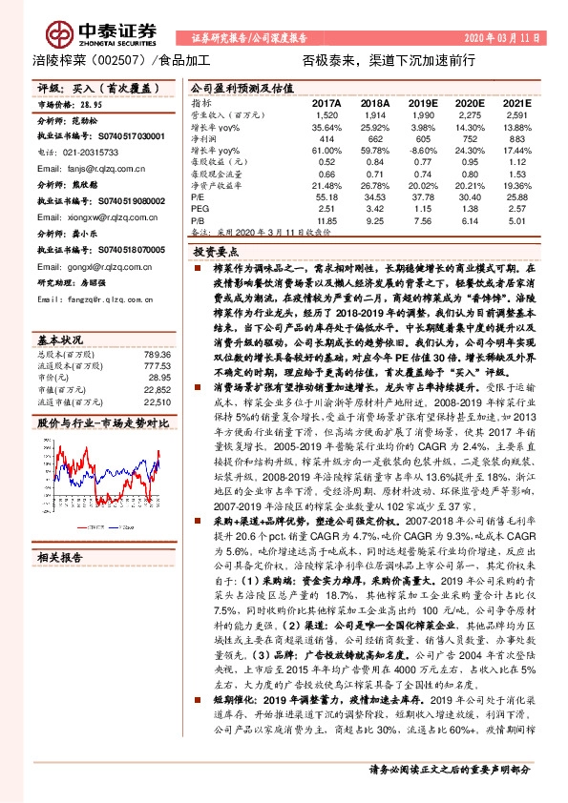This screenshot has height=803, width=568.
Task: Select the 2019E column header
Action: pyautogui.click(x=423, y=101)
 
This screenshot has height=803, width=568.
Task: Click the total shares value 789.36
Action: pyautogui.click(x=156, y=352)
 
